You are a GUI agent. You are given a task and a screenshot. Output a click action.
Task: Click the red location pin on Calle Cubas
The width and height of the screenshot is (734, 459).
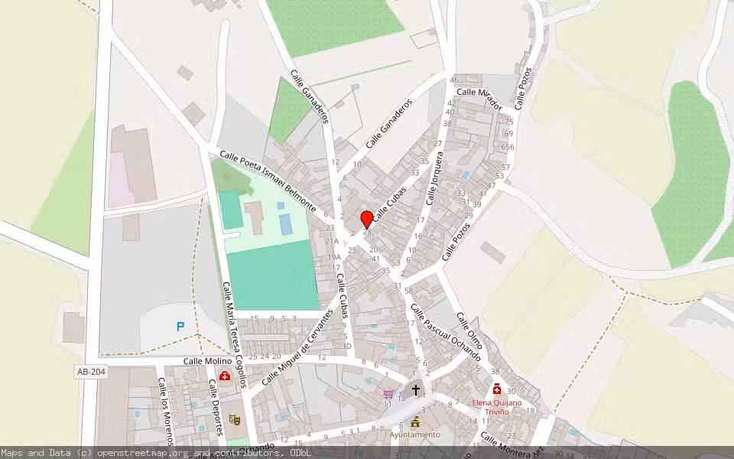click(x=367, y=219)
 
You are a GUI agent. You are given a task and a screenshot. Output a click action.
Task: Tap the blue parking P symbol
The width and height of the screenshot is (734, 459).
click(x=180, y=327)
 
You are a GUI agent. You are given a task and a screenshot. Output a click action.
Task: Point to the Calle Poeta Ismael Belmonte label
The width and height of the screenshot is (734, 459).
click(x=268, y=181)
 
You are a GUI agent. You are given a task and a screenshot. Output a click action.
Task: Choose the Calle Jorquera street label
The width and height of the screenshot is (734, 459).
click(x=434, y=177)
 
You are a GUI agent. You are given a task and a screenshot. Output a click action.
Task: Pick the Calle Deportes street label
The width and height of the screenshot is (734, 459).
click(x=216, y=409)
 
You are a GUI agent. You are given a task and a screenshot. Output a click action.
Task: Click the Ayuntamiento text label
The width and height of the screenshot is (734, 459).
click(x=415, y=435)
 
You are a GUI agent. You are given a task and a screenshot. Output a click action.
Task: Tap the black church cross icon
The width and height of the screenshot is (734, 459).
click(x=416, y=389)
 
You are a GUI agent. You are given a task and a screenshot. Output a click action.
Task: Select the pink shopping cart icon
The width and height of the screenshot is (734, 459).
click(x=388, y=394)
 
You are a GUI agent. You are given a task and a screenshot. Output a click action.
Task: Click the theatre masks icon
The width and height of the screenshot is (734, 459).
click(x=235, y=420)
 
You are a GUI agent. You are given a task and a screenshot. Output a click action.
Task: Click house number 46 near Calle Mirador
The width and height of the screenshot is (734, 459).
click(x=454, y=80)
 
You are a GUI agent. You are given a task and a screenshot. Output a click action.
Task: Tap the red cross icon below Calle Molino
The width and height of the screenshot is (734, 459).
click(x=225, y=376)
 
